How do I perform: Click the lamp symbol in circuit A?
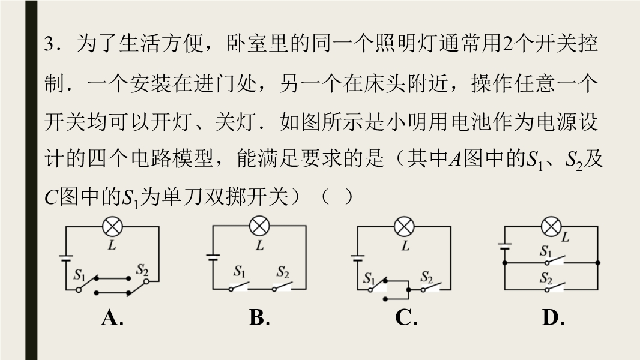tap(112, 227)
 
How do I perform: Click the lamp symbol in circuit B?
tap(259, 226)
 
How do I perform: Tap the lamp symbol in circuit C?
tap(404, 227)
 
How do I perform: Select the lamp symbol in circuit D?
tap(551, 227)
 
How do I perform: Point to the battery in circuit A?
tap(65, 259)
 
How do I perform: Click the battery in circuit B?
tap(213, 257)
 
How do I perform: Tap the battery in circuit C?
tap(358, 257)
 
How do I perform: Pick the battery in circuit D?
tap(505, 246)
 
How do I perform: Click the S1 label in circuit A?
tap(80, 275)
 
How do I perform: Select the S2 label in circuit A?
tap(142, 270)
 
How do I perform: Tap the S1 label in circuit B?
tap(240, 272)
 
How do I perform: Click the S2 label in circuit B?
tap(283, 272)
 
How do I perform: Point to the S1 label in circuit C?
tap(369, 278)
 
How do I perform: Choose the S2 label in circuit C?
tap(427, 278)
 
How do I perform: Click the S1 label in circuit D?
tap(546, 251)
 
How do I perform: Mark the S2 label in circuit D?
tap(546, 278)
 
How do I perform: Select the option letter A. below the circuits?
tap(112, 317)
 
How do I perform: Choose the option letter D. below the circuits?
tap(553, 317)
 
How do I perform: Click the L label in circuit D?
tap(566, 236)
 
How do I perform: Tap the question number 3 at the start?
tap(49, 44)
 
